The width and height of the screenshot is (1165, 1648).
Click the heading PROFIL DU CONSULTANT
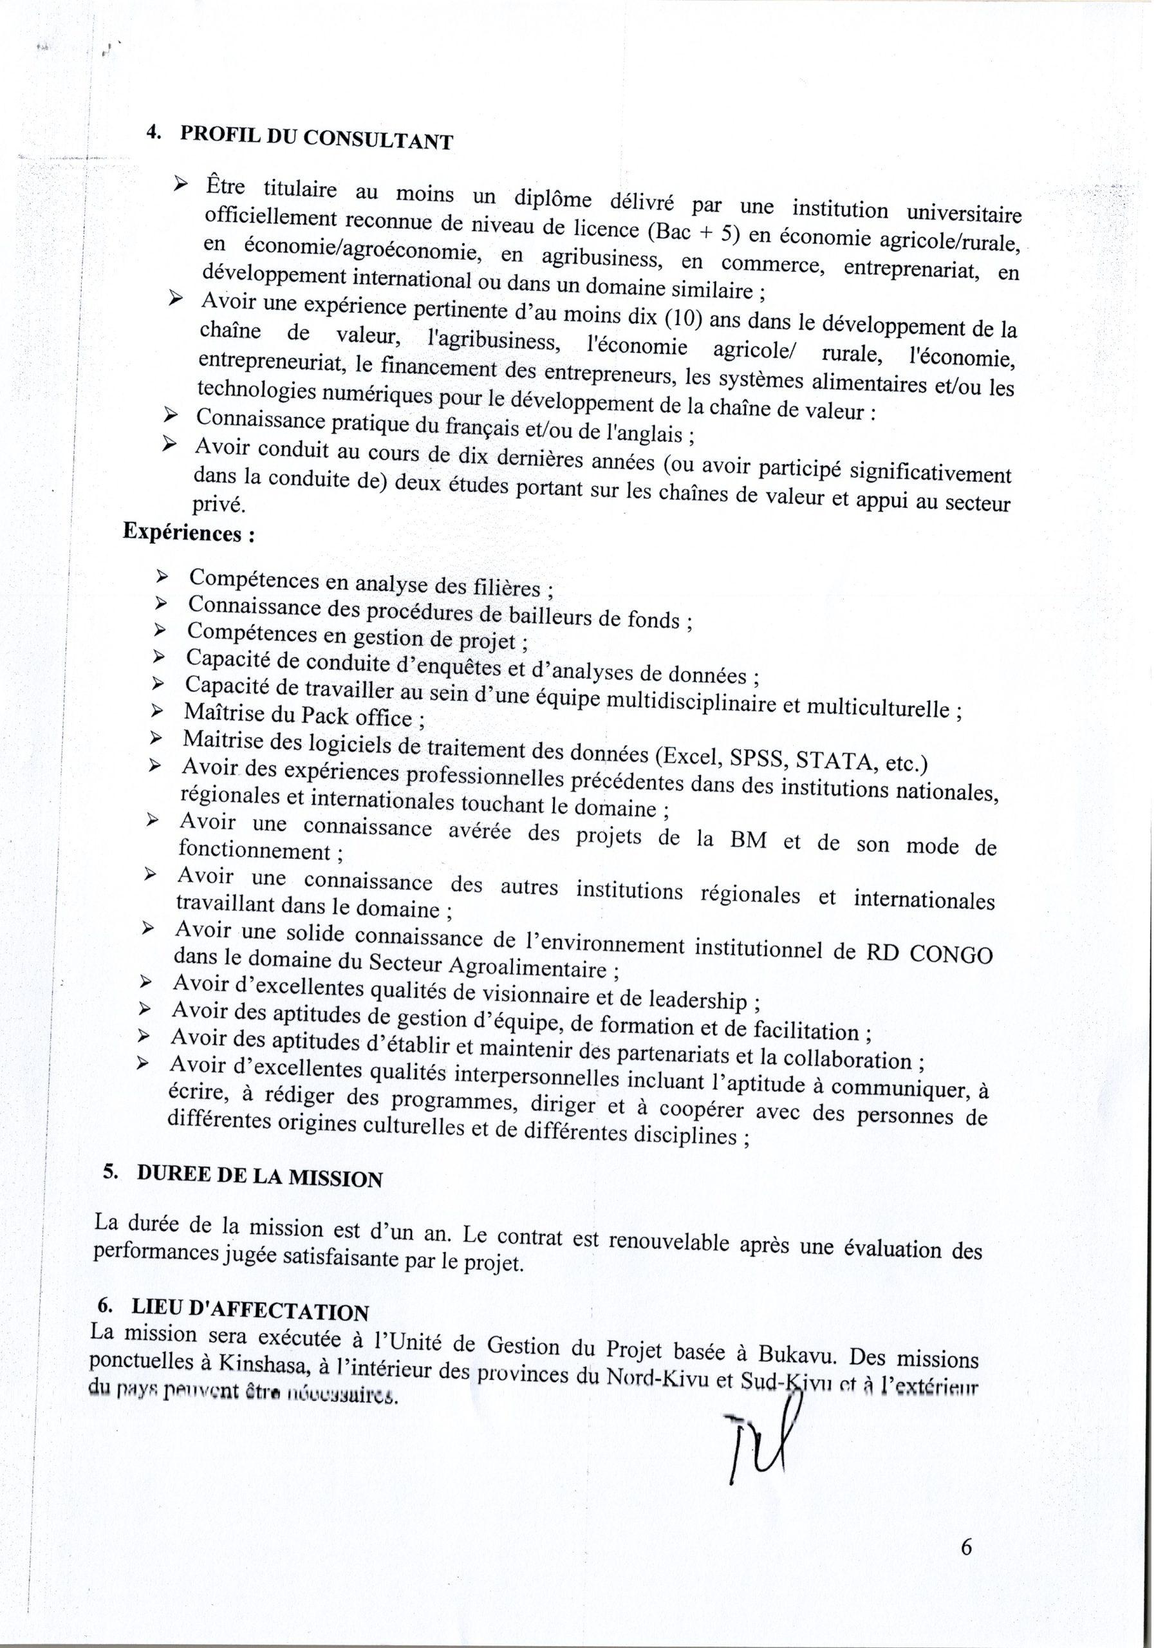click(x=317, y=136)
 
